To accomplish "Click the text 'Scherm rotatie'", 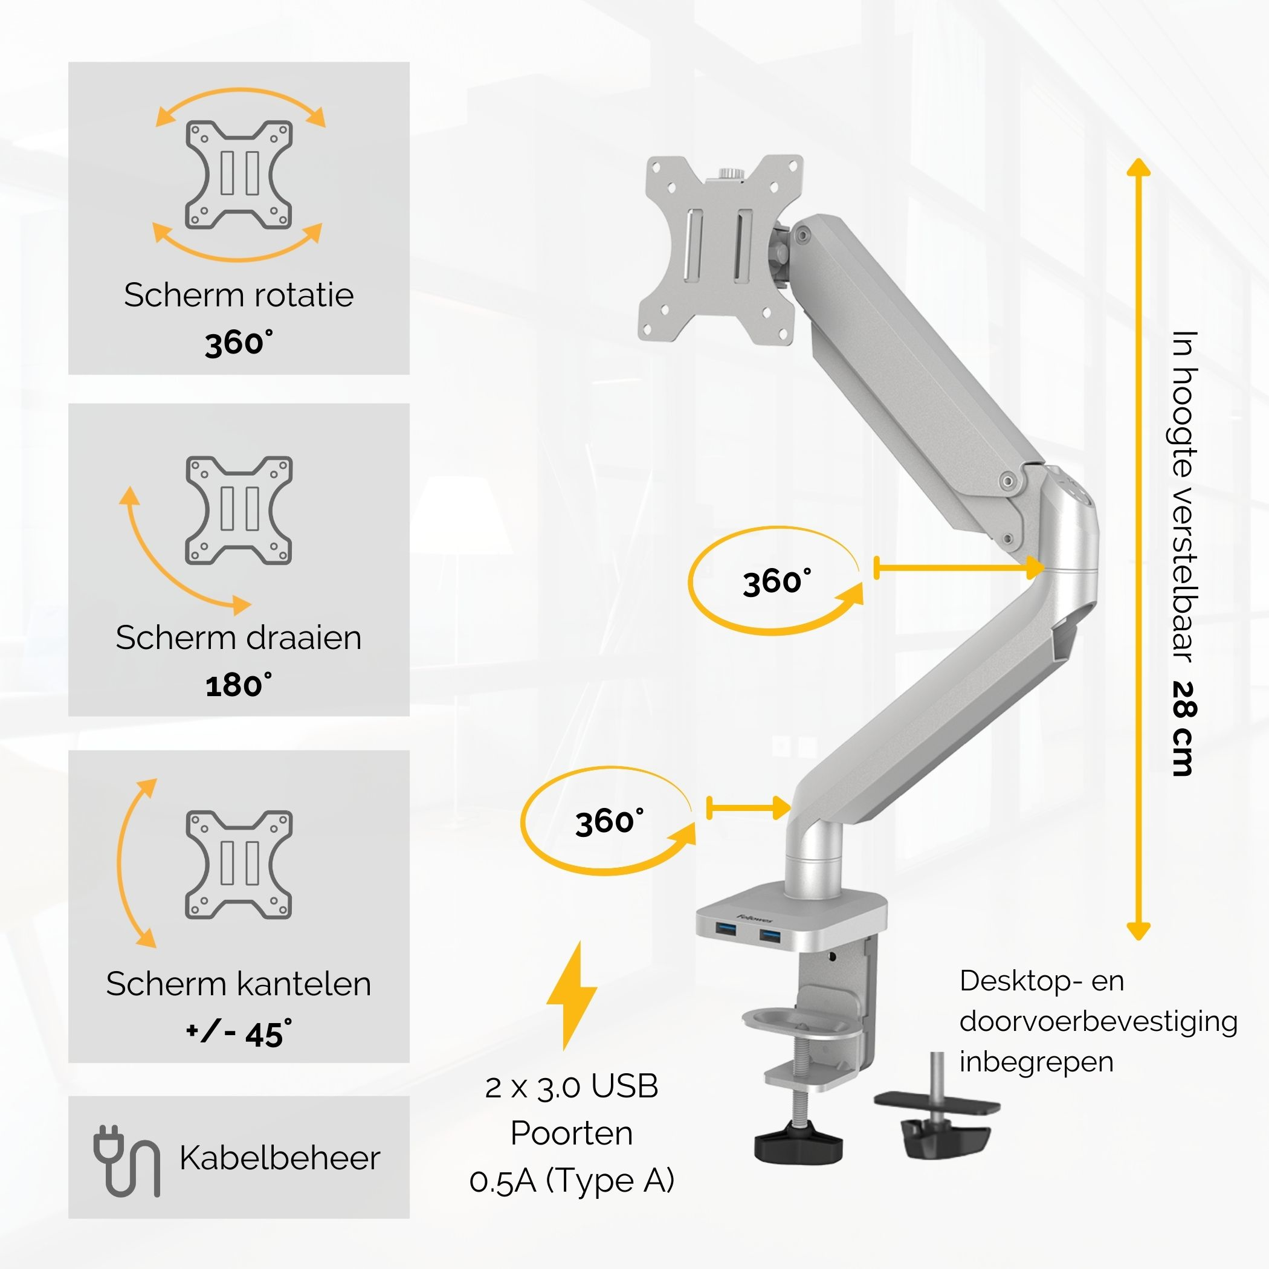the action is [239, 295].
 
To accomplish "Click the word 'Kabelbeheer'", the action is [280, 1158].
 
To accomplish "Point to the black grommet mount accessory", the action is [937, 1109].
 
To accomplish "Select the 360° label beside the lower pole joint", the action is [610, 822].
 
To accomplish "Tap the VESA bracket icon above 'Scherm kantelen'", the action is [239, 864].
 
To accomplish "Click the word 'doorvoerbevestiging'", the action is [1098, 1021].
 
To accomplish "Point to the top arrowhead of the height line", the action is [1138, 166].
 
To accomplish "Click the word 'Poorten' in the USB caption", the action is [572, 1133].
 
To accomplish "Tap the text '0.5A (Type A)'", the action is [572, 1180].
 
